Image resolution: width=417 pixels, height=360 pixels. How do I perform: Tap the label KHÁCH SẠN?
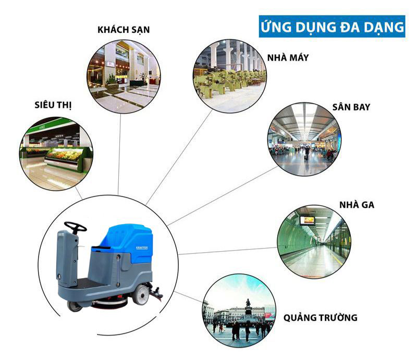click(124, 30)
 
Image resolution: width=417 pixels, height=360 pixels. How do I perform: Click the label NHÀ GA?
click(357, 205)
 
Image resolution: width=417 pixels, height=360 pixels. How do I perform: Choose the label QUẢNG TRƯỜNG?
click(321, 317)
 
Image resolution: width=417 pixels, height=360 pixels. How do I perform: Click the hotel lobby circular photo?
click(124, 76)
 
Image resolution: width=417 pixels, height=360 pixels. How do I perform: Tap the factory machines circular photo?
click(230, 76)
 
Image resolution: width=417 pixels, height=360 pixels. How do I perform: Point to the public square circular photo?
click(239, 311)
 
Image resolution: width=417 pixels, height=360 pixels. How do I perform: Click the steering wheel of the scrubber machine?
click(76, 227)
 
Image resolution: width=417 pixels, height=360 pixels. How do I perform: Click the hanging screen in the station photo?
click(307, 220)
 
